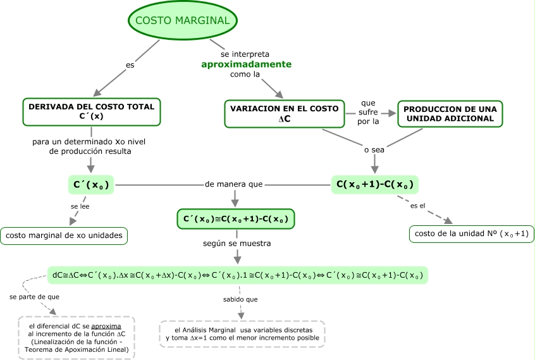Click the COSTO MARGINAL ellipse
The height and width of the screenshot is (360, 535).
tap(183, 21)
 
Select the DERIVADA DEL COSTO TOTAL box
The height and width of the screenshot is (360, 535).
tap(92, 112)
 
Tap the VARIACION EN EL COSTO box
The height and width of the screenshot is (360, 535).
tap(285, 113)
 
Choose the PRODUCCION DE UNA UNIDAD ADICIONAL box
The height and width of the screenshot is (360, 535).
tap(449, 113)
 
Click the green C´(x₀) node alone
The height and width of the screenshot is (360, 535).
tap(90, 185)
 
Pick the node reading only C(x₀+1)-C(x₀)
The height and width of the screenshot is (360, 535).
tap(376, 185)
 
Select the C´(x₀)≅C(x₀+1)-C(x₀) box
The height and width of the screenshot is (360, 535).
tap(236, 220)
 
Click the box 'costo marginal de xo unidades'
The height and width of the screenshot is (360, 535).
tap(63, 235)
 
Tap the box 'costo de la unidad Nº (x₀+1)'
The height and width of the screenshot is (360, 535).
tap(472, 233)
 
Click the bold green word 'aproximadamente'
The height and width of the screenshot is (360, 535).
tap(246, 65)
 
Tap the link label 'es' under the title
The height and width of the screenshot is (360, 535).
tap(130, 65)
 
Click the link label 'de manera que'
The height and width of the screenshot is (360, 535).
tap(233, 184)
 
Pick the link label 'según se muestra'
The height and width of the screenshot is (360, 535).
tap(237, 243)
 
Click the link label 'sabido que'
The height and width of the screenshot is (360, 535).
tap(240, 299)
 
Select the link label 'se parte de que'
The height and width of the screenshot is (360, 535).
tap(35, 296)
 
